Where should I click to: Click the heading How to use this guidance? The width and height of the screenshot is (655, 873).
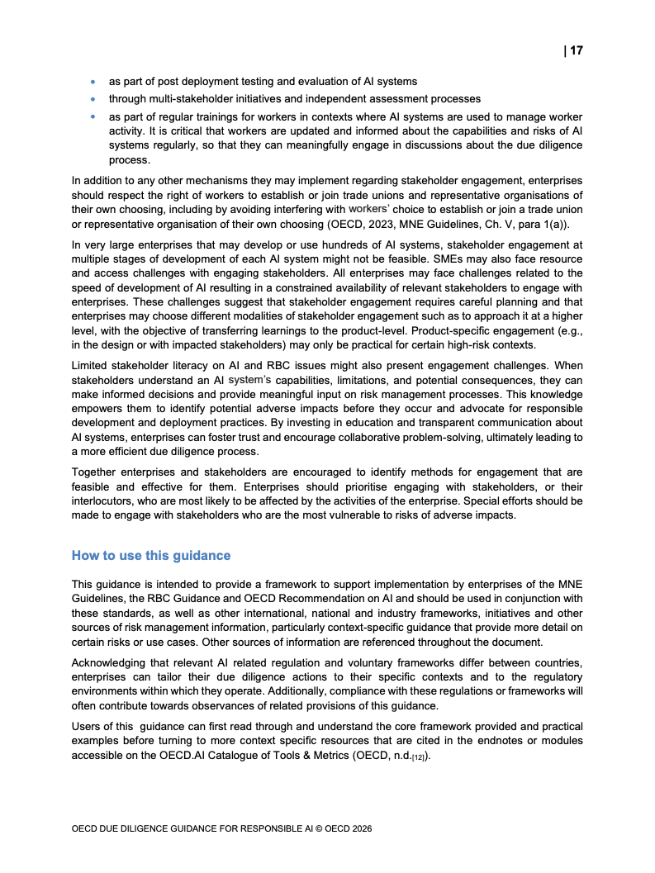[x=151, y=555]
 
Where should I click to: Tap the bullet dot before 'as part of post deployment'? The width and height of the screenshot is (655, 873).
[x=93, y=82]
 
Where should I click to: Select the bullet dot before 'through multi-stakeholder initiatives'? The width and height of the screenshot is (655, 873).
[x=93, y=99]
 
